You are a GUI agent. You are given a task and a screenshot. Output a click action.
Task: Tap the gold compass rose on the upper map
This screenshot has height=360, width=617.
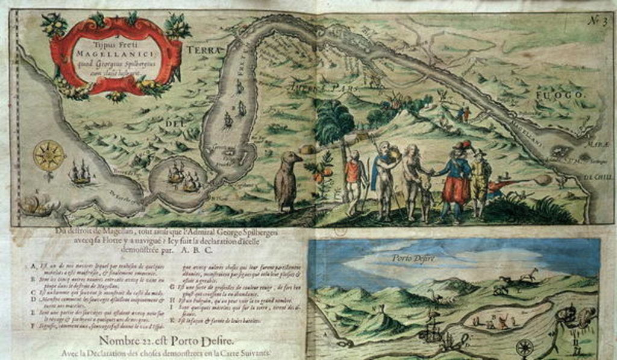click(x=49, y=156)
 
